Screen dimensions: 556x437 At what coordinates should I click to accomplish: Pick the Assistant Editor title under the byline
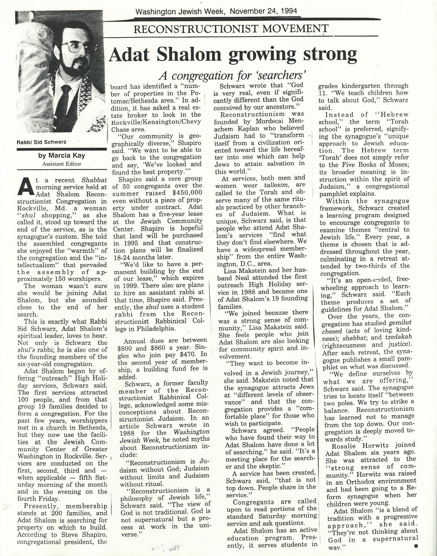62,164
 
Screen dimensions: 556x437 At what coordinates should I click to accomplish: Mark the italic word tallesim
274,185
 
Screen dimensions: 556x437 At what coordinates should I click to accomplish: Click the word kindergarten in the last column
363,86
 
